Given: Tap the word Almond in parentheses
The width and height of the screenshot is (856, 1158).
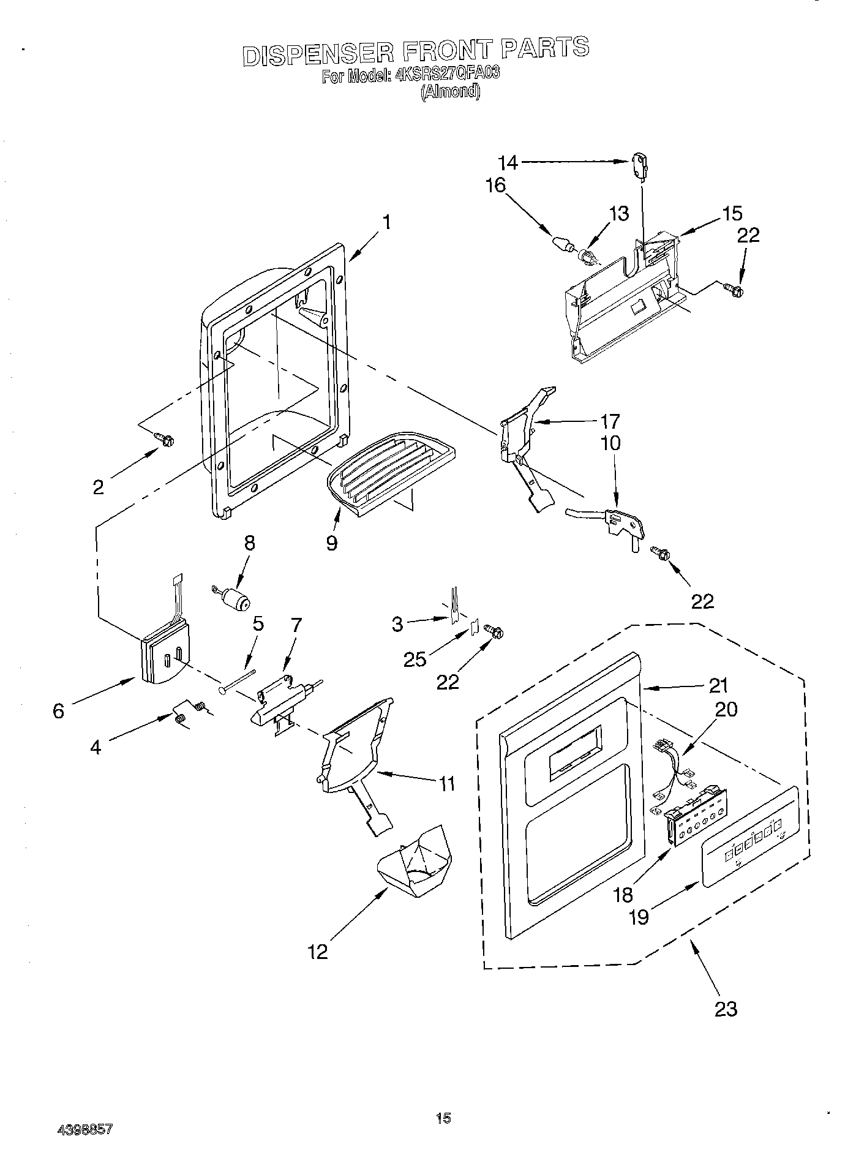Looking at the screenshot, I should click(450, 92).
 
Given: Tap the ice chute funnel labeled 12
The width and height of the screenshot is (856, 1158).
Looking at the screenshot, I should click(413, 863).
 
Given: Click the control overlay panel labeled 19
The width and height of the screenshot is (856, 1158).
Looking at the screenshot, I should click(750, 837).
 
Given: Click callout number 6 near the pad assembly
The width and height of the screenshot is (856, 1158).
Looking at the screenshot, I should click(58, 712).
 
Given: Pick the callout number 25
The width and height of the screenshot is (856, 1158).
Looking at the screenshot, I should click(414, 659).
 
